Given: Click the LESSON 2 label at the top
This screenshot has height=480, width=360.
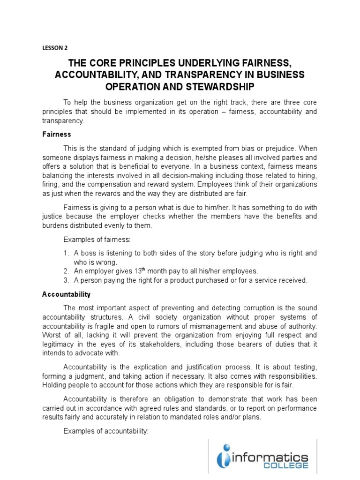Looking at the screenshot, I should pos(55,47).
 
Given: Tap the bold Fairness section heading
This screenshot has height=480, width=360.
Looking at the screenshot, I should pos(56,134).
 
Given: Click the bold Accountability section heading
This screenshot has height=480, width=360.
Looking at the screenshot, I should pos(66,294).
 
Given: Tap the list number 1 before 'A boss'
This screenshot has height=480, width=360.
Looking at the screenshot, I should pos(66,253).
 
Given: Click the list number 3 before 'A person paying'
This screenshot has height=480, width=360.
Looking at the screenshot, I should pos(66,280).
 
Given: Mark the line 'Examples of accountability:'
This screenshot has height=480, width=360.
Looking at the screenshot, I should pos(106,431).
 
